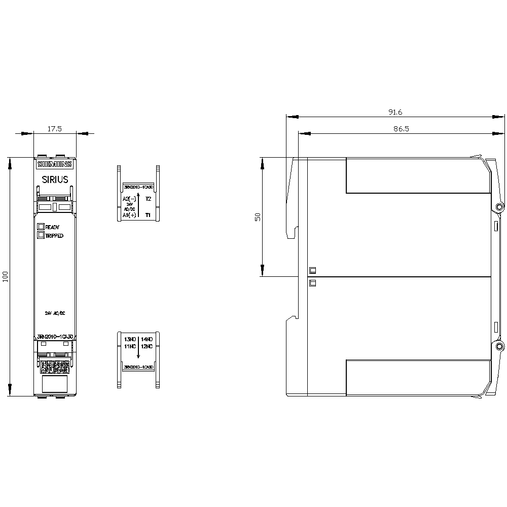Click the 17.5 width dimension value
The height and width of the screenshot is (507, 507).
54,129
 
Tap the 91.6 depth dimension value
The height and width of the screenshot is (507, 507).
395,112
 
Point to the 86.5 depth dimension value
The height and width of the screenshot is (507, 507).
401,129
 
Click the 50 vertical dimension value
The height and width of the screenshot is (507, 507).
258,216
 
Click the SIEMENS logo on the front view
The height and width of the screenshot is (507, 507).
55,164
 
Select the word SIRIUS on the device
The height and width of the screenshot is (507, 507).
55,179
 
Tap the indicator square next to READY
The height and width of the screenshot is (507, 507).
41,227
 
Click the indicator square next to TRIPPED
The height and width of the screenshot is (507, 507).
41,235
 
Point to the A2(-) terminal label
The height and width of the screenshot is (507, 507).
130,199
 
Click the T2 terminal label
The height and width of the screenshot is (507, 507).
148,199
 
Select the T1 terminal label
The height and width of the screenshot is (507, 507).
148,215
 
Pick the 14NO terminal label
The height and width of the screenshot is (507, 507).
147,339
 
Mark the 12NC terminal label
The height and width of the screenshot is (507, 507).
147,346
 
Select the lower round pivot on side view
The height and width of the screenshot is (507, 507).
499,347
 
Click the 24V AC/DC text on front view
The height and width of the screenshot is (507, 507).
55,314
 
